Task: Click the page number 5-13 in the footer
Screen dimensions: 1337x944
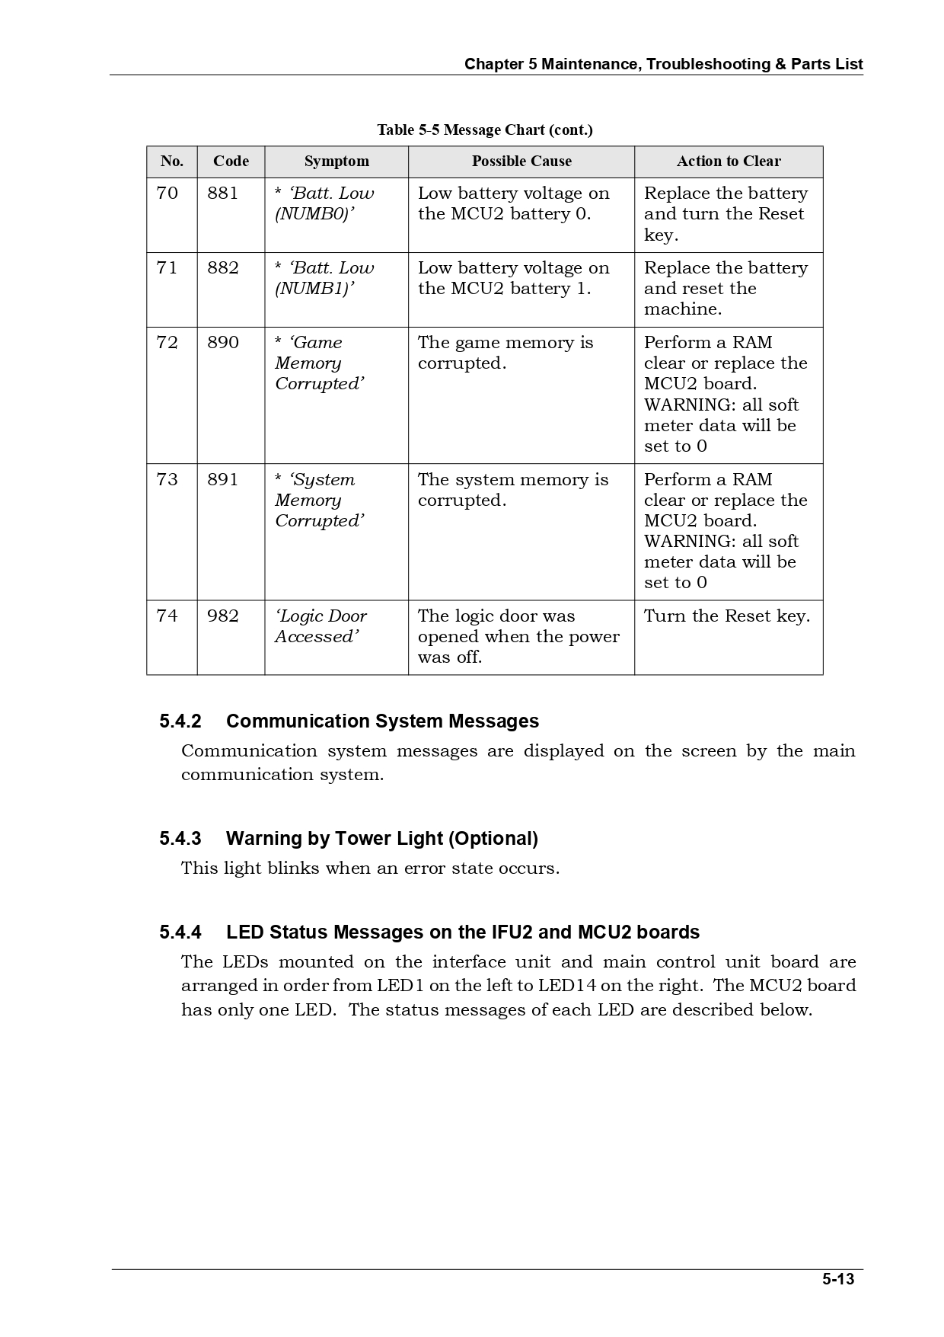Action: click(x=837, y=1279)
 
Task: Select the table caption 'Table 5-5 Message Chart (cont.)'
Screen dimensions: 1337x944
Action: click(x=484, y=130)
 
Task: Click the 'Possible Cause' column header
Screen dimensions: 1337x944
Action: click(x=521, y=162)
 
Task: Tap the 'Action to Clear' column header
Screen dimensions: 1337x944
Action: click(x=729, y=162)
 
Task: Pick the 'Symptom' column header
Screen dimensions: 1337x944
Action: click(x=336, y=162)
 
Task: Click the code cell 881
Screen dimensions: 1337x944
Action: click(x=223, y=194)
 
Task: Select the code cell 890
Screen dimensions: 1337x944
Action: click(x=223, y=343)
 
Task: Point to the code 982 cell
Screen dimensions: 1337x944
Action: click(x=223, y=616)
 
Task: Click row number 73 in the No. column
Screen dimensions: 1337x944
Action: click(x=167, y=480)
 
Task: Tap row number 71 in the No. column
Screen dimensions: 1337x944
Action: click(x=167, y=268)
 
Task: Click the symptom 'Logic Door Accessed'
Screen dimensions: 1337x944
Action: click(x=321, y=626)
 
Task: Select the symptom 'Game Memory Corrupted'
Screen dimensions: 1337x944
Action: click(x=319, y=363)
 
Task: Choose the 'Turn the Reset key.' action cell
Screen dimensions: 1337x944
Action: click(x=727, y=616)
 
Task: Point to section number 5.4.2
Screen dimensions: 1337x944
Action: click(x=180, y=721)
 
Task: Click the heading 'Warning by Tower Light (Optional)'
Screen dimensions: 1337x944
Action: click(x=381, y=839)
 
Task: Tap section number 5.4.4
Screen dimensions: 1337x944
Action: click(x=180, y=932)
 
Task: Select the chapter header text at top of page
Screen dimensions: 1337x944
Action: click(x=663, y=65)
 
